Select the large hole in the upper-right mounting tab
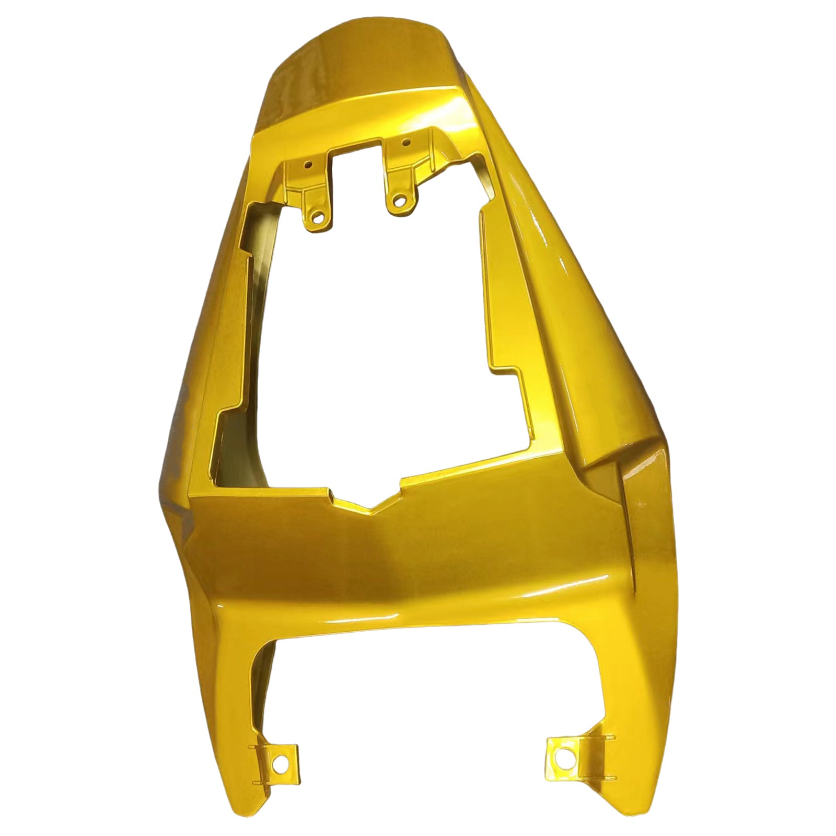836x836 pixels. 399,199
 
